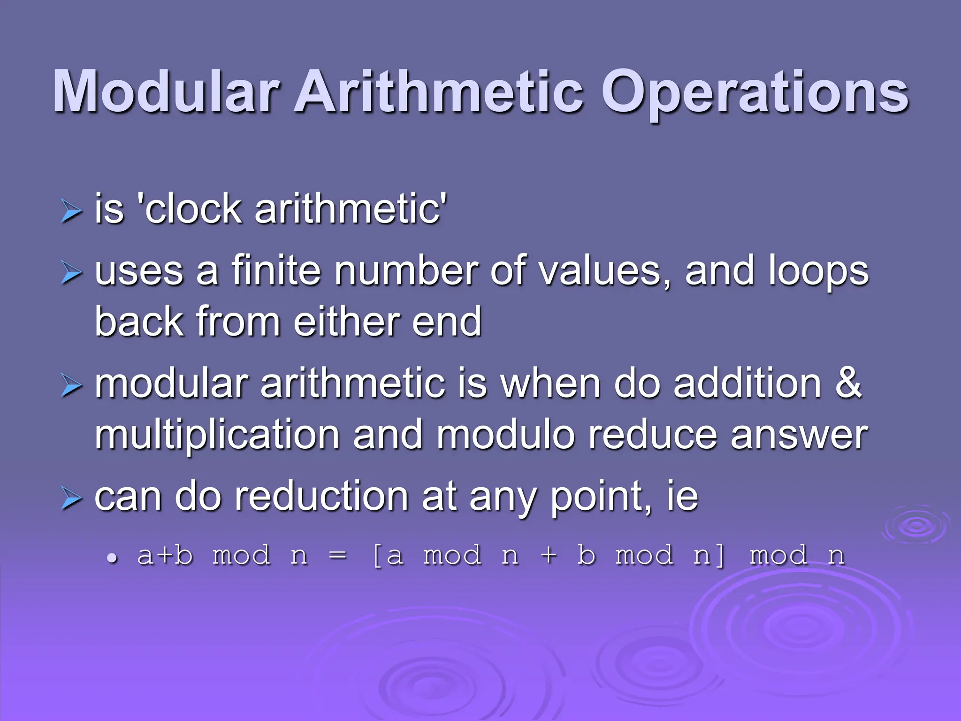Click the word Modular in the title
(x=167, y=92)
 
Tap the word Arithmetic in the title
(x=439, y=92)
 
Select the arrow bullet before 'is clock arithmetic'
(x=71, y=211)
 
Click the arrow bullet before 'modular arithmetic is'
(x=71, y=386)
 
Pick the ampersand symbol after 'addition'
(x=848, y=383)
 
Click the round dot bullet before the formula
(x=112, y=558)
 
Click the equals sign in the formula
(x=338, y=556)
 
